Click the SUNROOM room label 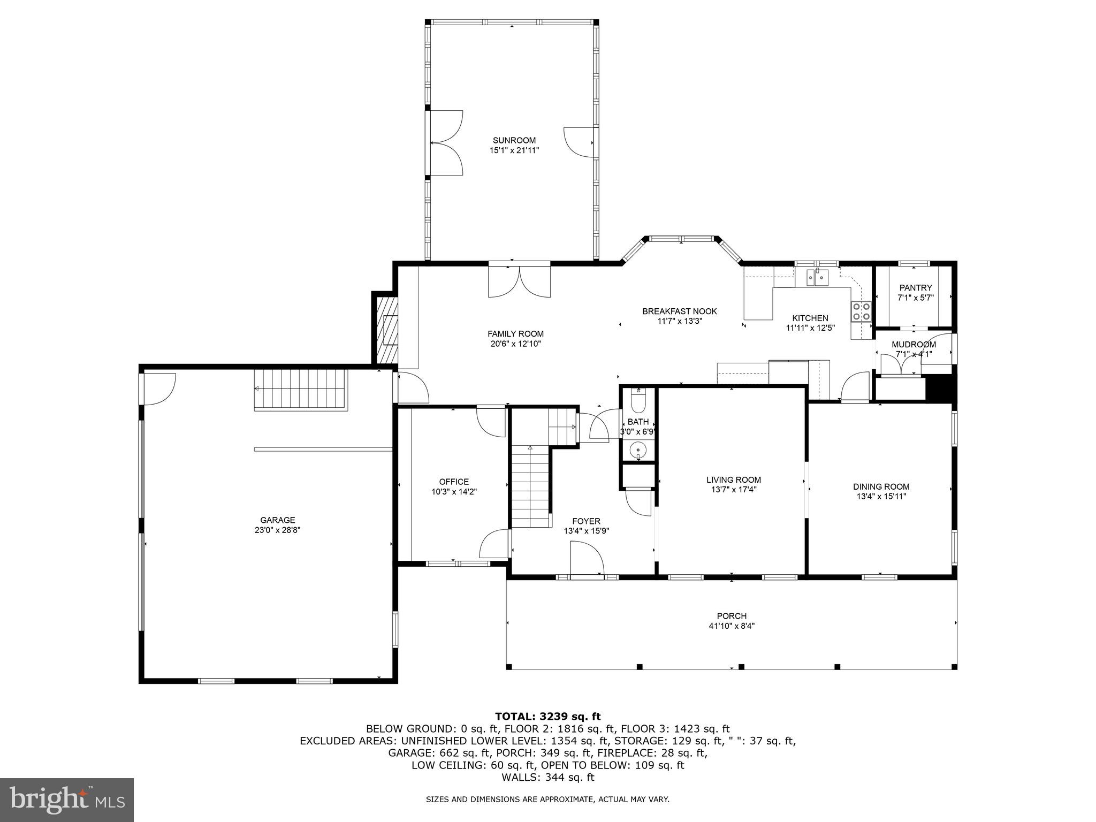(x=514, y=141)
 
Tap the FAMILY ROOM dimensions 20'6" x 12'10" (x=516, y=344)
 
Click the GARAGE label (x=277, y=520)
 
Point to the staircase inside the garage (x=301, y=389)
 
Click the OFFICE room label (x=454, y=482)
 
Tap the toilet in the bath (x=638, y=399)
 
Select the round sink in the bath (x=638, y=450)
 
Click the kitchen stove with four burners (x=861, y=311)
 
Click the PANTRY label (x=916, y=288)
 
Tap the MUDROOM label (x=914, y=345)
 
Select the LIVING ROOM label (x=733, y=480)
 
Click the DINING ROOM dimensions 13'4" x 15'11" (x=881, y=497)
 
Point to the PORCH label (x=732, y=616)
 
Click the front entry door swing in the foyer (x=587, y=559)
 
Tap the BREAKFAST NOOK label (x=679, y=311)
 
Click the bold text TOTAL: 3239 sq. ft (x=547, y=717)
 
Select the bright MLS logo (x=67, y=800)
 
